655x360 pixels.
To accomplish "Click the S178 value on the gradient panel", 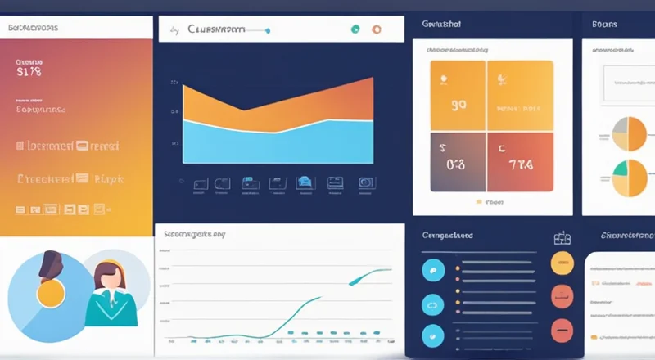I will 29,71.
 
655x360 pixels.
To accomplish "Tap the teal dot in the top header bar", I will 355,29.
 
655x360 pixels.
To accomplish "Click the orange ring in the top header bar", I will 376,29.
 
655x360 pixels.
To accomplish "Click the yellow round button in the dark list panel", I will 562,263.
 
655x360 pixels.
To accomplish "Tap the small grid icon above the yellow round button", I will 562,238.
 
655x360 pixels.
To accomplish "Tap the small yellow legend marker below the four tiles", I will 479,200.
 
